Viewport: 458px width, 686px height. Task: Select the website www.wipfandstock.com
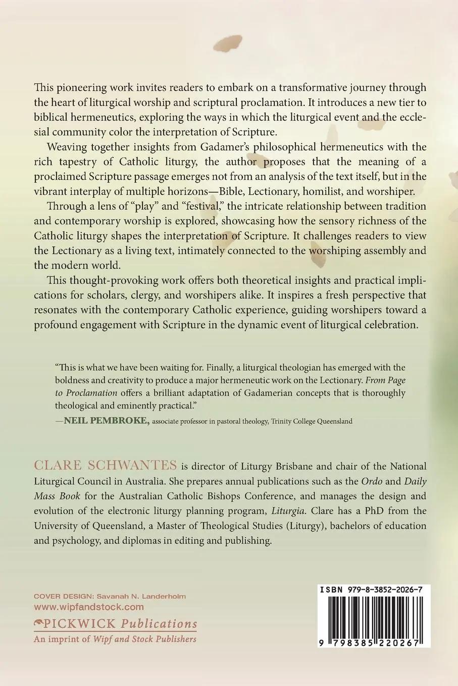tap(88, 607)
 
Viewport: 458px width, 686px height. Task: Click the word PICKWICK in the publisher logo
tap(81, 623)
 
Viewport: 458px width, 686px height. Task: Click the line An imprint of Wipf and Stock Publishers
tap(115, 639)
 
